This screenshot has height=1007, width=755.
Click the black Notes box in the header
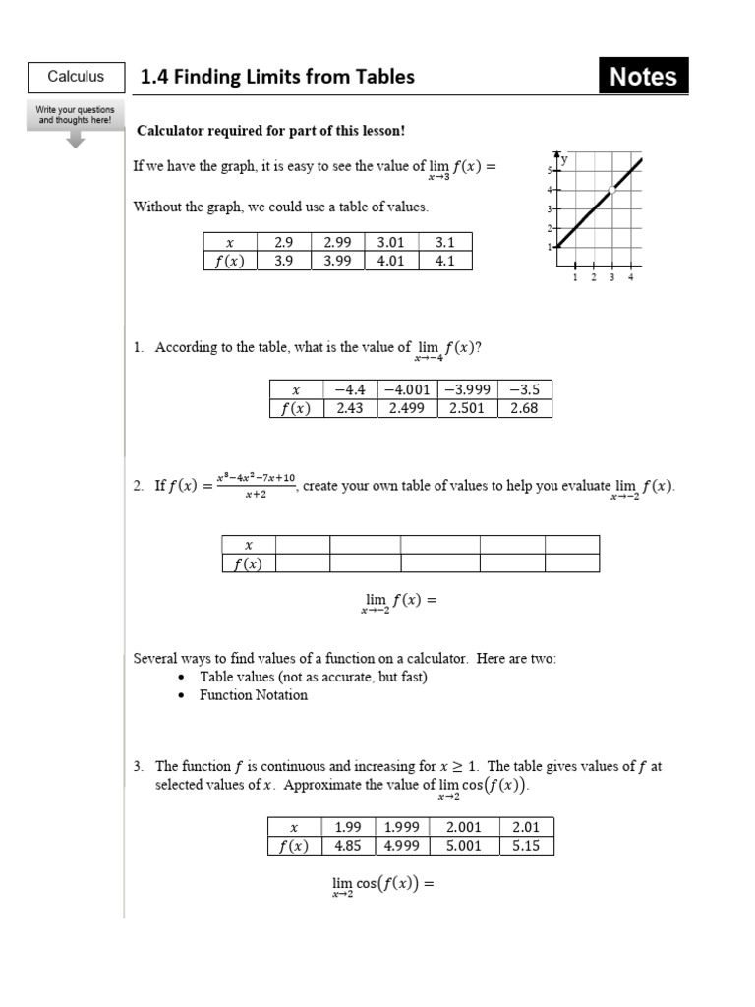tap(643, 77)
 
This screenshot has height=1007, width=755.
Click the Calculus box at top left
tap(76, 77)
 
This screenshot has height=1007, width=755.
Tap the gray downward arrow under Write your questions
tap(76, 140)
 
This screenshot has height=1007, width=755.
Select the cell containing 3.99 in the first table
tap(337, 261)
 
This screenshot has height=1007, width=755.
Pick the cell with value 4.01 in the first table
tap(390, 261)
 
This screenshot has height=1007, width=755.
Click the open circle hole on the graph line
tap(611, 189)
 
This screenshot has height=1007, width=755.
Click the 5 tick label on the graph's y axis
tap(550, 171)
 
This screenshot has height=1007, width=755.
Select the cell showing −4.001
tap(406, 389)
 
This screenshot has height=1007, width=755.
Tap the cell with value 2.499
tap(406, 408)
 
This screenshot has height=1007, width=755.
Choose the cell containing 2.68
tap(524, 408)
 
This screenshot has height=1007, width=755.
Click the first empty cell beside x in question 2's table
tap(302, 545)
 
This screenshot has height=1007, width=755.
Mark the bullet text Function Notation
tap(254, 695)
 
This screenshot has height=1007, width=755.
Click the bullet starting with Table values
tap(313, 677)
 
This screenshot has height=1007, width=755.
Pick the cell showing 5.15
tap(526, 846)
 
